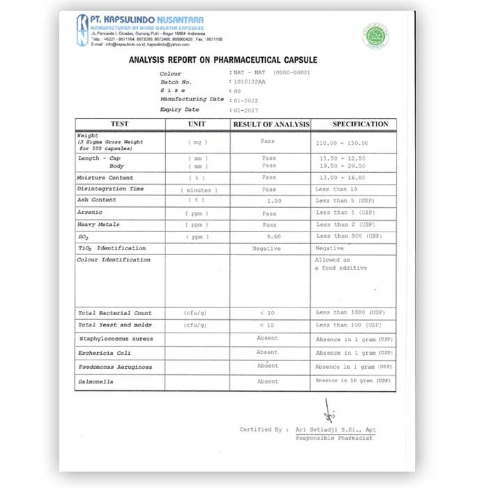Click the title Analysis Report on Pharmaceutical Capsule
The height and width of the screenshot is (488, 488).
[x=223, y=61]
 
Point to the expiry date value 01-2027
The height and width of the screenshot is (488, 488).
[x=247, y=109]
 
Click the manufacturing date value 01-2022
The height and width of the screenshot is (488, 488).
[x=247, y=100]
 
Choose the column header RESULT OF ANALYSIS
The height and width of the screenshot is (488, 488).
[x=271, y=124]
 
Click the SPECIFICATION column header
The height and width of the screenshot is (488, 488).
[x=360, y=124]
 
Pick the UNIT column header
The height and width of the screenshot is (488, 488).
[x=197, y=124]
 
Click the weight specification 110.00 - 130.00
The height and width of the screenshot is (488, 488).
[x=342, y=143]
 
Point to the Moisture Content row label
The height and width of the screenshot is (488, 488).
[x=105, y=178]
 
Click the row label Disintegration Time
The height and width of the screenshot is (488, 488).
[x=110, y=189]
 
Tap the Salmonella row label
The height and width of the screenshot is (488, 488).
[x=96, y=382]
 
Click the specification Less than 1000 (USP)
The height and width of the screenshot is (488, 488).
[x=350, y=313]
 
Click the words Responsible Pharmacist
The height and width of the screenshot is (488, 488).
[x=335, y=438]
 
